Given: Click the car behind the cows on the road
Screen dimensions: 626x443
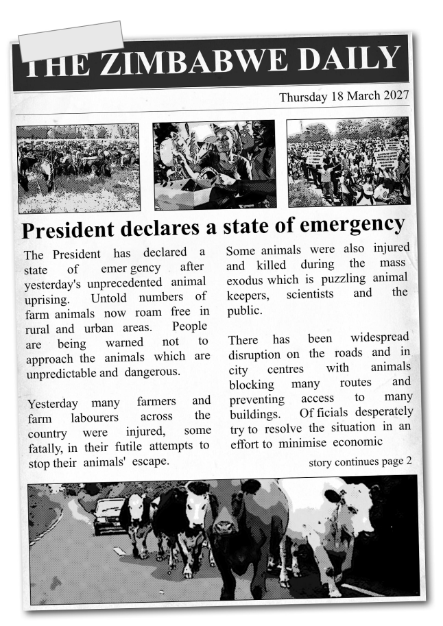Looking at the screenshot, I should (x=109, y=515).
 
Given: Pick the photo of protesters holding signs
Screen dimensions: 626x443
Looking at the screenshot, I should (x=348, y=162).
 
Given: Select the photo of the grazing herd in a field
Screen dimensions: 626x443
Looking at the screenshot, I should (x=78, y=168).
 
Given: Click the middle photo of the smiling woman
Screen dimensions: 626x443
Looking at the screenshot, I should (x=214, y=165).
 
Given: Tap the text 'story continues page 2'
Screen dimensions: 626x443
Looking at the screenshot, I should (x=361, y=460).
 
